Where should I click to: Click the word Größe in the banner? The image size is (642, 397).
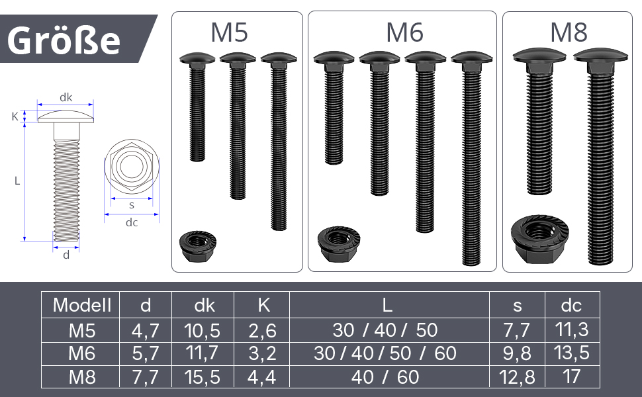64,40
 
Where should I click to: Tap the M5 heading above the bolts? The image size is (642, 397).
229,32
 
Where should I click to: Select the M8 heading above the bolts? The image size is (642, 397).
569,32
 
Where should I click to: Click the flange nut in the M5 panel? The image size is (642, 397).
197,246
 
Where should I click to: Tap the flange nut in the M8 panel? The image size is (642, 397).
539,240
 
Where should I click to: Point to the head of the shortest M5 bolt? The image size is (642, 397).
197,58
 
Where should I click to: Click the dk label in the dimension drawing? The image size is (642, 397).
66,97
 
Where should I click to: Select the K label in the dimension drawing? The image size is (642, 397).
15,116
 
